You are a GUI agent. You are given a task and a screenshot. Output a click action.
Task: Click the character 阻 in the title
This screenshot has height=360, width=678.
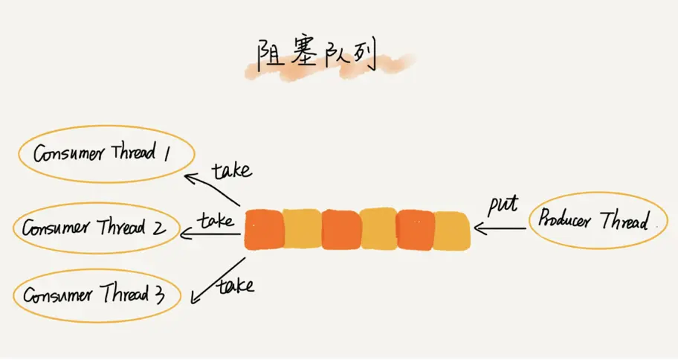pyautogui.click(x=268, y=56)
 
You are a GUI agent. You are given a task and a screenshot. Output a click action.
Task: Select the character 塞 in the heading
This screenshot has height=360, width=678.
pyautogui.click(x=300, y=57)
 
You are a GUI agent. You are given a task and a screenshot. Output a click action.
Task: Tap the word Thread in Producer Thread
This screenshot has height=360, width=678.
pyautogui.click(x=624, y=220)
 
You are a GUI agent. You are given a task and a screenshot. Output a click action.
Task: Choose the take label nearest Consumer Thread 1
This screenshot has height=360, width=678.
pyautogui.click(x=231, y=170)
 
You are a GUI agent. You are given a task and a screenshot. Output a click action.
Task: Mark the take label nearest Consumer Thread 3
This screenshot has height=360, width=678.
pyautogui.click(x=234, y=284)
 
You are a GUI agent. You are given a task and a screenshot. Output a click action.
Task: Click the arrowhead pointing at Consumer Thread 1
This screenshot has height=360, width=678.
pyautogui.click(x=190, y=177)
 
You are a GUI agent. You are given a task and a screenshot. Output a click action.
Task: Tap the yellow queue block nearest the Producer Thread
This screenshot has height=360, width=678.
pyautogui.click(x=451, y=230)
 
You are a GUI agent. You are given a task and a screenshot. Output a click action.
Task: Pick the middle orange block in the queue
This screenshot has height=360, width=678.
pyautogui.click(x=340, y=229)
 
